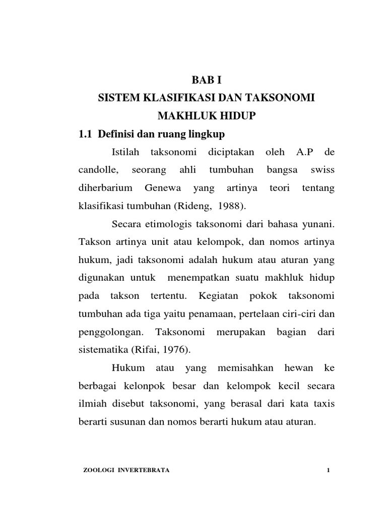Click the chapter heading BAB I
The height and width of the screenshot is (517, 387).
tap(206, 79)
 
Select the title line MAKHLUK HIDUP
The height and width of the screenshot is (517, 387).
tap(207, 116)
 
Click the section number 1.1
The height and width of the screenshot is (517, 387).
tap(86, 134)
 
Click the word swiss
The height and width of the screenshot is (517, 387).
tap(322, 170)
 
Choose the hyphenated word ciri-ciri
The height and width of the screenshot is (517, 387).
tap(293, 313)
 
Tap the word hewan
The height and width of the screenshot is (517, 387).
tap(299, 368)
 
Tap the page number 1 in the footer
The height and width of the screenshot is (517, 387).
tap(328, 471)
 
